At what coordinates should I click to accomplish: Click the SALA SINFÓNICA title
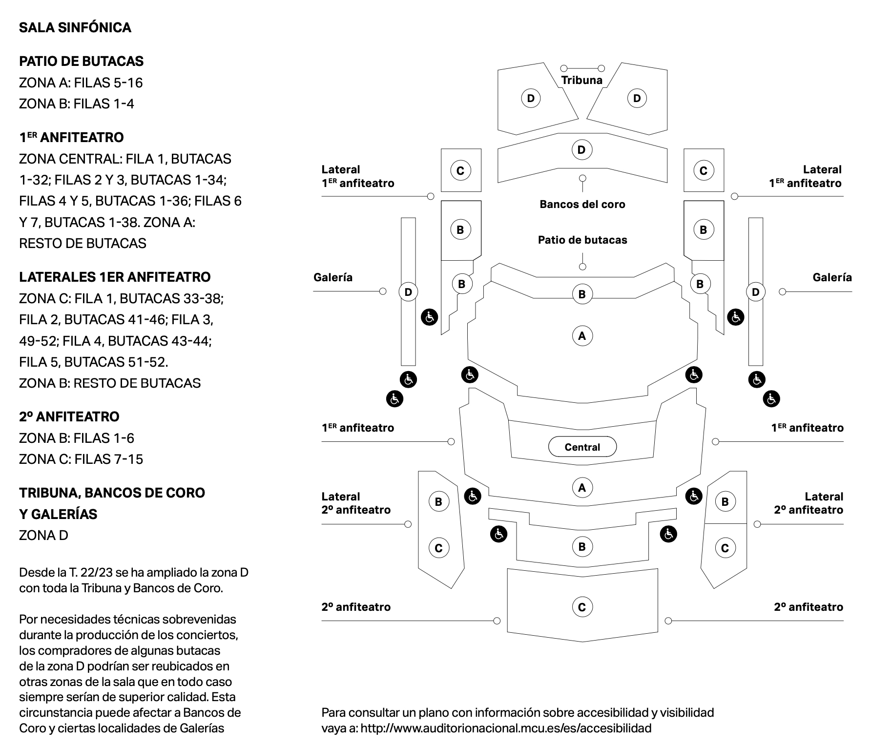point(75,28)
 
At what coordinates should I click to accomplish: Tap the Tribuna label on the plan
point(581,80)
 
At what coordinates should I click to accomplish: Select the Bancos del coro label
point(582,204)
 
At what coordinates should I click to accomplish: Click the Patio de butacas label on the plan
point(582,240)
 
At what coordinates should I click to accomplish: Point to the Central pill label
point(582,447)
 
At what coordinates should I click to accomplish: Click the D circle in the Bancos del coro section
point(581,149)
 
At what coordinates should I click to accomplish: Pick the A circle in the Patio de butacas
point(581,336)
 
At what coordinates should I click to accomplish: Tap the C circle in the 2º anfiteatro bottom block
point(581,607)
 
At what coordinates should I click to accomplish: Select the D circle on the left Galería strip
point(408,292)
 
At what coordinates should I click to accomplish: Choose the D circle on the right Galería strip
point(755,292)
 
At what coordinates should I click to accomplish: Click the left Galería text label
point(333,277)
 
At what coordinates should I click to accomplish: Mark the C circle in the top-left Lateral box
point(460,170)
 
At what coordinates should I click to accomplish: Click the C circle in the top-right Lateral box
point(703,170)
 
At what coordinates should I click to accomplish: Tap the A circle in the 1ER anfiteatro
point(581,487)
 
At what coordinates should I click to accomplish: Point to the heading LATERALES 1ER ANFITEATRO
point(115,277)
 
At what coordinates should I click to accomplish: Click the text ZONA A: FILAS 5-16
point(81,83)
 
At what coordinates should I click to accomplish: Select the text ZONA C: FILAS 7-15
point(81,459)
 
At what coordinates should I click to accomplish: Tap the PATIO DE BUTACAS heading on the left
point(82,61)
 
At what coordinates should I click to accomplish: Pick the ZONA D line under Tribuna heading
point(44,535)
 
